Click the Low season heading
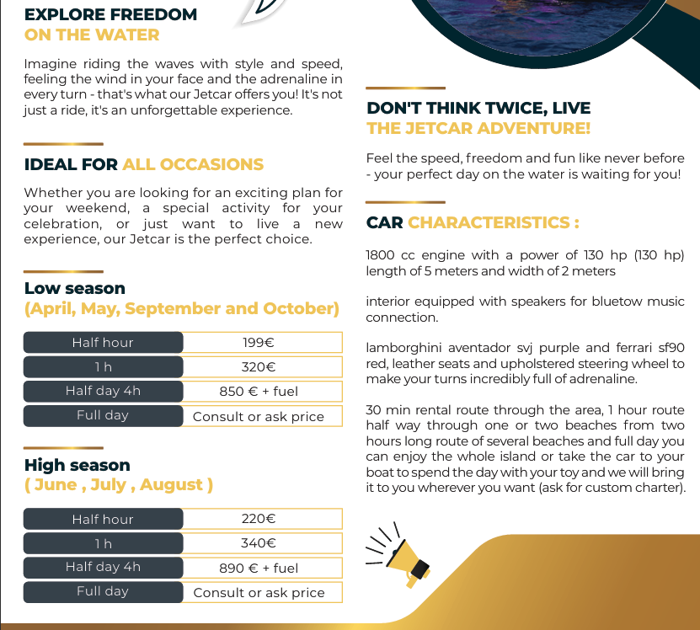coord(75,289)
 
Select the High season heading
coord(77,465)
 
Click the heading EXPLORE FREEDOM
coord(111,14)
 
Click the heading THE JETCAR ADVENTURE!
coord(478,128)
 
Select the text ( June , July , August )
coord(119,485)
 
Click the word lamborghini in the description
coord(400,348)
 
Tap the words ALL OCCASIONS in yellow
coord(193,164)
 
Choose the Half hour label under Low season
coord(103,343)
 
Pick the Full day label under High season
coord(103,591)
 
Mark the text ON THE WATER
coord(92,35)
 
